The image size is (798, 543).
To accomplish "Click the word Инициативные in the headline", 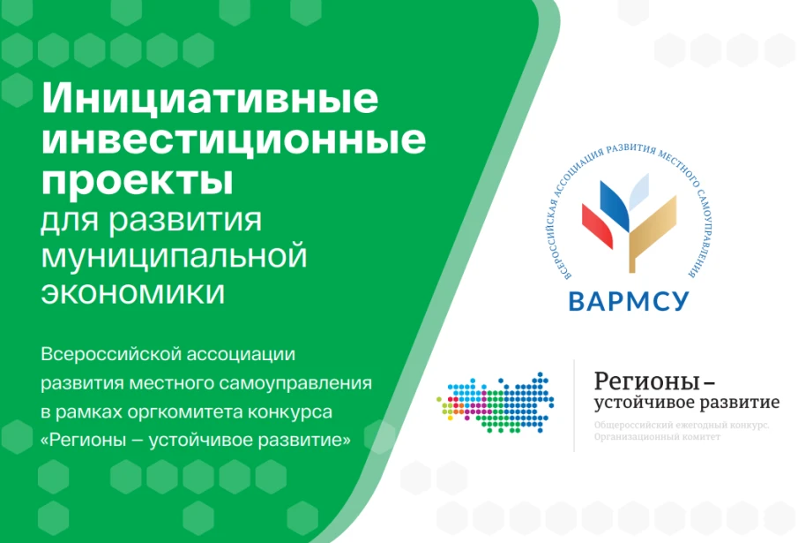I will pos(211,98).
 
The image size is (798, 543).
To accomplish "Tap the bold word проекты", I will pos(138,182).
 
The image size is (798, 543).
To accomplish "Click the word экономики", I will pos(133,292).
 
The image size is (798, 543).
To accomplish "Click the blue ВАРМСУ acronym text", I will pos(629,300).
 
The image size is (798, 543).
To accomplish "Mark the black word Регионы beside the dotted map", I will pos(645,382).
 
